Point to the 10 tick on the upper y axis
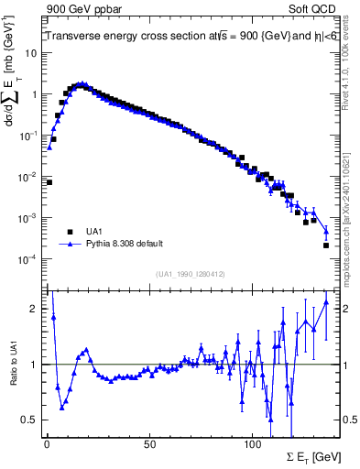(32, 52)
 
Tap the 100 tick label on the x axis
(252, 444)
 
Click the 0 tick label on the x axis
(47, 444)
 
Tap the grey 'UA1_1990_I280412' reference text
(191, 274)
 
